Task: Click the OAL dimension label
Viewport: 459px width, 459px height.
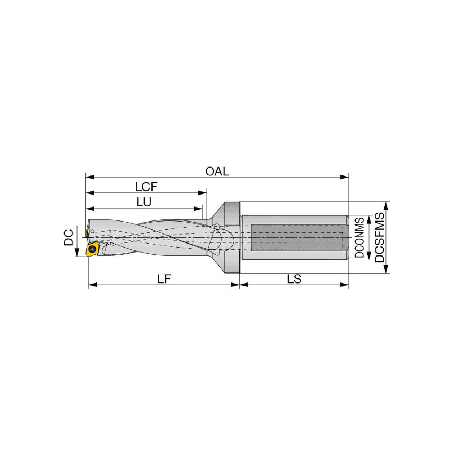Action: (x=217, y=172)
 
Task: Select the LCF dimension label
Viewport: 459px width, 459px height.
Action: (x=146, y=187)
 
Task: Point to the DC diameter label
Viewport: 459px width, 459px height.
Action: (x=68, y=238)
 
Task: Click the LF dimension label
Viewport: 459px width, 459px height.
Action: (x=164, y=279)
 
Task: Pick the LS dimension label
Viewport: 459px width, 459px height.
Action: (x=294, y=279)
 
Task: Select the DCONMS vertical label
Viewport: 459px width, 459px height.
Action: (x=359, y=237)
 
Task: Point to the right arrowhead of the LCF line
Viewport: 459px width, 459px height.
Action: (x=202, y=193)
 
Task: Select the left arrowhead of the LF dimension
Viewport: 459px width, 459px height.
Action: (x=92, y=285)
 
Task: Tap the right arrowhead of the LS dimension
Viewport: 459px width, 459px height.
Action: (x=346, y=285)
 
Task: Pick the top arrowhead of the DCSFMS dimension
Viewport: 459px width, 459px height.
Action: (x=386, y=205)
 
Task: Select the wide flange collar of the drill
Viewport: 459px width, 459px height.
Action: (x=232, y=237)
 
